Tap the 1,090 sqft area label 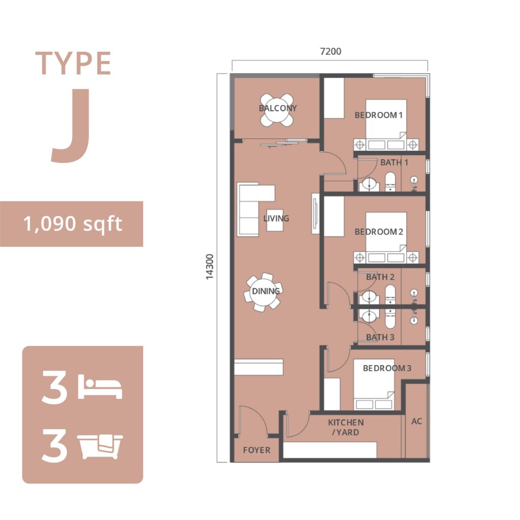[x=73, y=223]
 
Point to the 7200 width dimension [x=330, y=51]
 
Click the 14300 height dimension [x=210, y=267]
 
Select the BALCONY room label [x=278, y=108]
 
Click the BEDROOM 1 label [x=378, y=115]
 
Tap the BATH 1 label [x=394, y=162]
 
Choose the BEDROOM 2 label [x=379, y=232]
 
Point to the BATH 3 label [x=380, y=337]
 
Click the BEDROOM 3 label [x=387, y=368]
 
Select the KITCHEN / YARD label [x=345, y=428]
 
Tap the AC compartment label [x=416, y=421]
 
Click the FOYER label [x=256, y=450]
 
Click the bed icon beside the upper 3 [x=100, y=386]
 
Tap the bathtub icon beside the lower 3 [x=100, y=446]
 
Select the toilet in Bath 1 [x=390, y=181]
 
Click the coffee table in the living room [x=275, y=220]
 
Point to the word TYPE [x=73, y=63]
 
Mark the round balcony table [x=277, y=110]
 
